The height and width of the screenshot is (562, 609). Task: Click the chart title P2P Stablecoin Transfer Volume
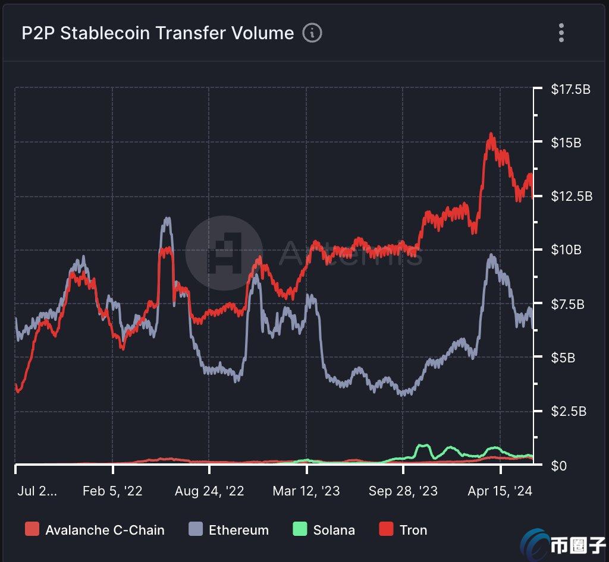(158, 33)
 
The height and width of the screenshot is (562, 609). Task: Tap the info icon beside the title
(312, 33)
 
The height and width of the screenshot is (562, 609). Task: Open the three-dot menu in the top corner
(561, 33)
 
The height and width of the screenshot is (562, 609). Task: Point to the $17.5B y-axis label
(570, 90)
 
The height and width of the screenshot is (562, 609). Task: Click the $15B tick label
(566, 143)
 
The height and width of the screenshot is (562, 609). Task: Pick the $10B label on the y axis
(566, 250)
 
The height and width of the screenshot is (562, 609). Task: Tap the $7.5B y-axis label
(568, 304)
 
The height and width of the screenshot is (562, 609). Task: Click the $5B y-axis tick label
(564, 358)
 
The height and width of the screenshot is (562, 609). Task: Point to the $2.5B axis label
(568, 411)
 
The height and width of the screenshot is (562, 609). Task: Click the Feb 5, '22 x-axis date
(112, 491)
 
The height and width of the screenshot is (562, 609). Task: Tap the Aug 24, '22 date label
(209, 491)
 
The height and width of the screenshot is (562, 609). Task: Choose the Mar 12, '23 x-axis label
(306, 491)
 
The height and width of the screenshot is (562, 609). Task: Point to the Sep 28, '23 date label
(403, 491)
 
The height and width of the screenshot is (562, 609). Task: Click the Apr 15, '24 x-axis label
(500, 491)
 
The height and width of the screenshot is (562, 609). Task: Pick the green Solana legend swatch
(300, 530)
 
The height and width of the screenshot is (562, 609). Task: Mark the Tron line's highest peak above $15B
(491, 135)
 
